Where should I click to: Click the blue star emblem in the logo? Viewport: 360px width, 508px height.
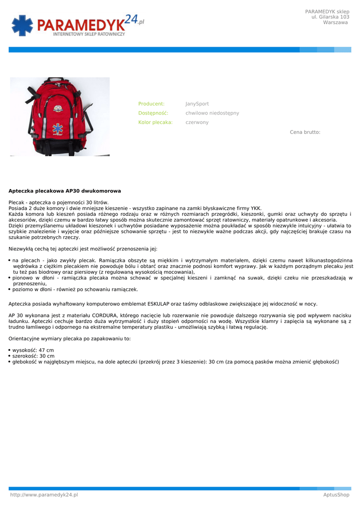[22, 25]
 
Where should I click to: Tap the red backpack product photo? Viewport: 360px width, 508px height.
[60, 117]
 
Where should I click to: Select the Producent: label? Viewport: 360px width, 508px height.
[151, 104]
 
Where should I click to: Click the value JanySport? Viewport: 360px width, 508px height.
[197, 104]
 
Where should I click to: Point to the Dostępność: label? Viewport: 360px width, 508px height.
[153, 113]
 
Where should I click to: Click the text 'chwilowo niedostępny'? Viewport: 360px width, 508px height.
[212, 113]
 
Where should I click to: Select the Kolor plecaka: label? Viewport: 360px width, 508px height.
[155, 122]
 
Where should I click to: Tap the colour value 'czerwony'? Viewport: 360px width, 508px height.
[197, 122]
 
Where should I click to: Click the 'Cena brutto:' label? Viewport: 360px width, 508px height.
[305, 132]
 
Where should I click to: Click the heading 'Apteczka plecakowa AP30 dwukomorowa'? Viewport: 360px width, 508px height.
[65, 190]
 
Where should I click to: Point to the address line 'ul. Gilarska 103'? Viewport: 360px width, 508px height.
[330, 17]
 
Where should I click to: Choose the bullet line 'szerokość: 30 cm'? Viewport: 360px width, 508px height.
[33, 356]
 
